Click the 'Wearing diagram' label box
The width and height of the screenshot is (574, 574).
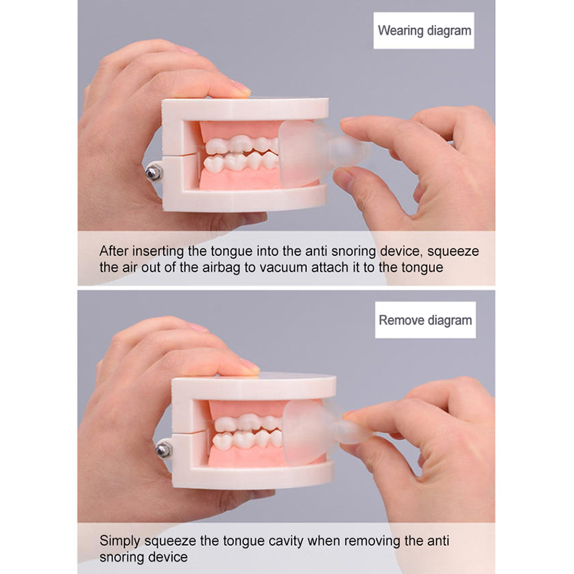click(423, 30)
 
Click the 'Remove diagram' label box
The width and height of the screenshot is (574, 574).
click(425, 320)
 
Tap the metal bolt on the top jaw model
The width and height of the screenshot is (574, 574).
click(154, 172)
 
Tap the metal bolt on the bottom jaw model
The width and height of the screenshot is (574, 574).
click(164, 450)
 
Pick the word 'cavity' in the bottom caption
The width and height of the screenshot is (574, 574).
click(286, 541)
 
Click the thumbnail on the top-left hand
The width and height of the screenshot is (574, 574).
click(241, 87)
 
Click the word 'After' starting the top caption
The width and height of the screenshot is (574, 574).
click(114, 252)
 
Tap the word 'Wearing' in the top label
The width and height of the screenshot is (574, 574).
click(400, 31)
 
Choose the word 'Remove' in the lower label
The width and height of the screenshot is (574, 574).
click(401, 320)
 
